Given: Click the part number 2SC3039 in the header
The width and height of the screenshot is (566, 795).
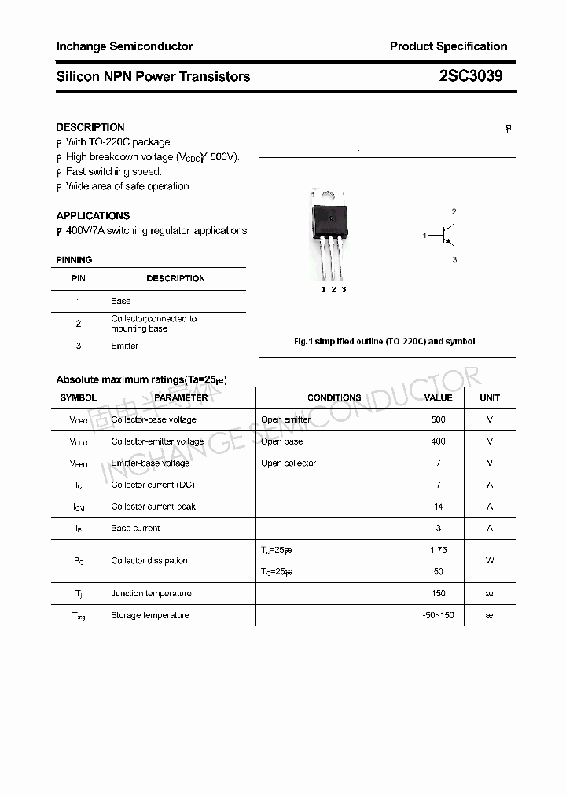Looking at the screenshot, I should point(471,76).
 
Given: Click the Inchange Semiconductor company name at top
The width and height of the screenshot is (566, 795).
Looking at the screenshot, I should point(124,46).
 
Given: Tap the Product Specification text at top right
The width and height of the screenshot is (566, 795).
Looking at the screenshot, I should point(448,46).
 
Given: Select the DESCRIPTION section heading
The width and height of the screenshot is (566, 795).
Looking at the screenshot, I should point(90,127).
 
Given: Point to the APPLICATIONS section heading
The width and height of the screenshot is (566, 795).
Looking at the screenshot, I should point(93,215).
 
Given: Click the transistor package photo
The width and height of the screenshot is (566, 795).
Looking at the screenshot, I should point(329,232).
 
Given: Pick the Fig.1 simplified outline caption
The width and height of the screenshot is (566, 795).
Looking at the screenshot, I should point(384,342).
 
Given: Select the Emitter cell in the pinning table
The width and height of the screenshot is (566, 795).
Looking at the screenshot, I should point(124,346).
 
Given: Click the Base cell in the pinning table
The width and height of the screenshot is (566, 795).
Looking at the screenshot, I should point(120,301).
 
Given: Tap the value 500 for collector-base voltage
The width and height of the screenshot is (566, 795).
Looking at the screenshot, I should point(438,419).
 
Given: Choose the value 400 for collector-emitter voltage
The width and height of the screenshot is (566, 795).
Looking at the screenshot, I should point(438,441).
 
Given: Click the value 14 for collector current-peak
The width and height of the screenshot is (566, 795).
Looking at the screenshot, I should point(438,507).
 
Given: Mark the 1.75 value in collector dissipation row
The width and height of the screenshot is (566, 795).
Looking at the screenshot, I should point(438,550).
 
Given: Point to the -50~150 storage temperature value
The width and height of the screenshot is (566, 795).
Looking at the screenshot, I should point(438,615).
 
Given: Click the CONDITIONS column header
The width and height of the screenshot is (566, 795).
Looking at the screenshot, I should point(334,397).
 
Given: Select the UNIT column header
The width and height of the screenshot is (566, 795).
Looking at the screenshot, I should point(490,397).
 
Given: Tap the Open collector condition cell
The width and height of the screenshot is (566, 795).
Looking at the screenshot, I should point(289,463).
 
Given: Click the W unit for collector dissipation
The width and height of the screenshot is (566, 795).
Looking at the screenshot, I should point(490,561).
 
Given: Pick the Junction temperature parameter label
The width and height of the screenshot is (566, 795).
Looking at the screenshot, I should point(150,593).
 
